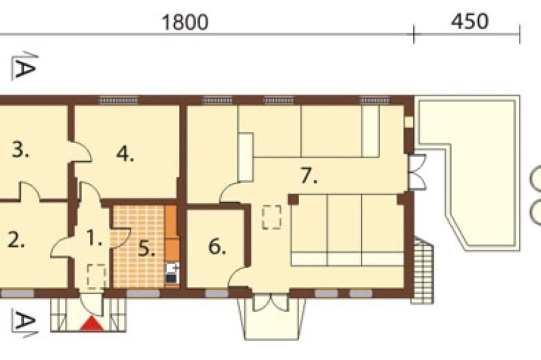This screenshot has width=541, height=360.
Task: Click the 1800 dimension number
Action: point(185,22)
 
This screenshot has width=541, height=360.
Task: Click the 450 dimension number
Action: point(470,21)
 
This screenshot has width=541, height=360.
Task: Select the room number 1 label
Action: point(94,238)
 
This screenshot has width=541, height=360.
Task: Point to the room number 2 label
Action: point(16,240)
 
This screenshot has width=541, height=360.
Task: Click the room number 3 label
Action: point(21,150)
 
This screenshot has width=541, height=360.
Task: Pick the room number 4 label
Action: point(125,154)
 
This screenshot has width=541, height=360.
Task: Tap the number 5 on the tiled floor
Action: point(146,249)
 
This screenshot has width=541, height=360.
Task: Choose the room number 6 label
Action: point(217,247)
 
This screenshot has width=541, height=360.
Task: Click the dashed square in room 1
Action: point(97,276)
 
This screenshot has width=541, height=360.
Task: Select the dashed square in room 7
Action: point(272,217)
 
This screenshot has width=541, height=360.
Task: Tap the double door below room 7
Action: point(271,302)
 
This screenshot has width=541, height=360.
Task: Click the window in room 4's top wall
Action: point(118,101)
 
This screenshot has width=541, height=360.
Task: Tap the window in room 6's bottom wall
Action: point(217,294)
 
